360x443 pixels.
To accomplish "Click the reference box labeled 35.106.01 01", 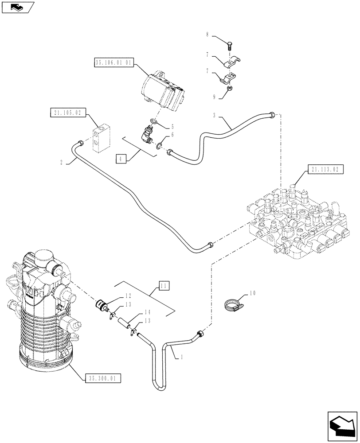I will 113,62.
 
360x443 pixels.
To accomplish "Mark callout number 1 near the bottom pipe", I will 181,356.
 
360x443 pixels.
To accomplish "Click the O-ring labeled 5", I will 152,121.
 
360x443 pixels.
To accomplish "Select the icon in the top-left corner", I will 17,7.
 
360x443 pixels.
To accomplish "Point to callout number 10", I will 253,293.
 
